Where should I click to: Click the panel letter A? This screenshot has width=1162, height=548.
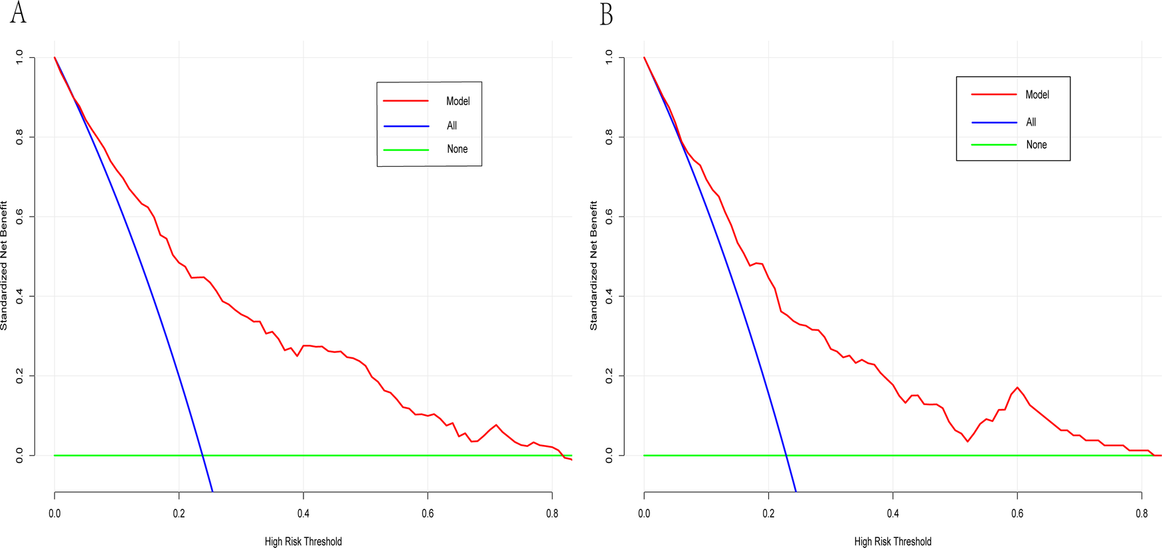[18, 13]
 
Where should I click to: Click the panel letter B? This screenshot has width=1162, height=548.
[606, 14]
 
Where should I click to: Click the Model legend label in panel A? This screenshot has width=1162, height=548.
[457, 101]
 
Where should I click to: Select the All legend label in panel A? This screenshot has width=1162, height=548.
[452, 126]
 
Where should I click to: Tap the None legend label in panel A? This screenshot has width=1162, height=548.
[457, 149]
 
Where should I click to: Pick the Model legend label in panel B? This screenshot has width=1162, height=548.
[1037, 95]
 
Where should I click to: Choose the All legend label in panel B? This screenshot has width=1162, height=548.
[1031, 122]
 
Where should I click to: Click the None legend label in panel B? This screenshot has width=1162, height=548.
[1036, 145]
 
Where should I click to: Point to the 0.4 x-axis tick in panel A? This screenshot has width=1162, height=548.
[303, 513]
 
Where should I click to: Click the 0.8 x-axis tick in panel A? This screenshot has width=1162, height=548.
[552, 513]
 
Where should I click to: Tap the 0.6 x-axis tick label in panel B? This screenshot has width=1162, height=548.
[1017, 513]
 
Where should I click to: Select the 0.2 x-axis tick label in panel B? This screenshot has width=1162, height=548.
[768, 513]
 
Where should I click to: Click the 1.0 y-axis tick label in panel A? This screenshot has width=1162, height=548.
[19, 58]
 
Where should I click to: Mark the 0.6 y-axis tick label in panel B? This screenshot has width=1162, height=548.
[609, 217]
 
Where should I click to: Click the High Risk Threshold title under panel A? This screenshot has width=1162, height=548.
[303, 541]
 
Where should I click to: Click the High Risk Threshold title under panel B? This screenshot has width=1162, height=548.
[892, 541]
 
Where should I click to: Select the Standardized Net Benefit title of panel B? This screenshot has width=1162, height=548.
[594, 266]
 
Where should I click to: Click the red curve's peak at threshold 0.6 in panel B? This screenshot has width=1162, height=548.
[1017, 387]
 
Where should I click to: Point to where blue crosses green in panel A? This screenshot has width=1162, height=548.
[203, 456]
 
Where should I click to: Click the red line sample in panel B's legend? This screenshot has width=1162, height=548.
[994, 95]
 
